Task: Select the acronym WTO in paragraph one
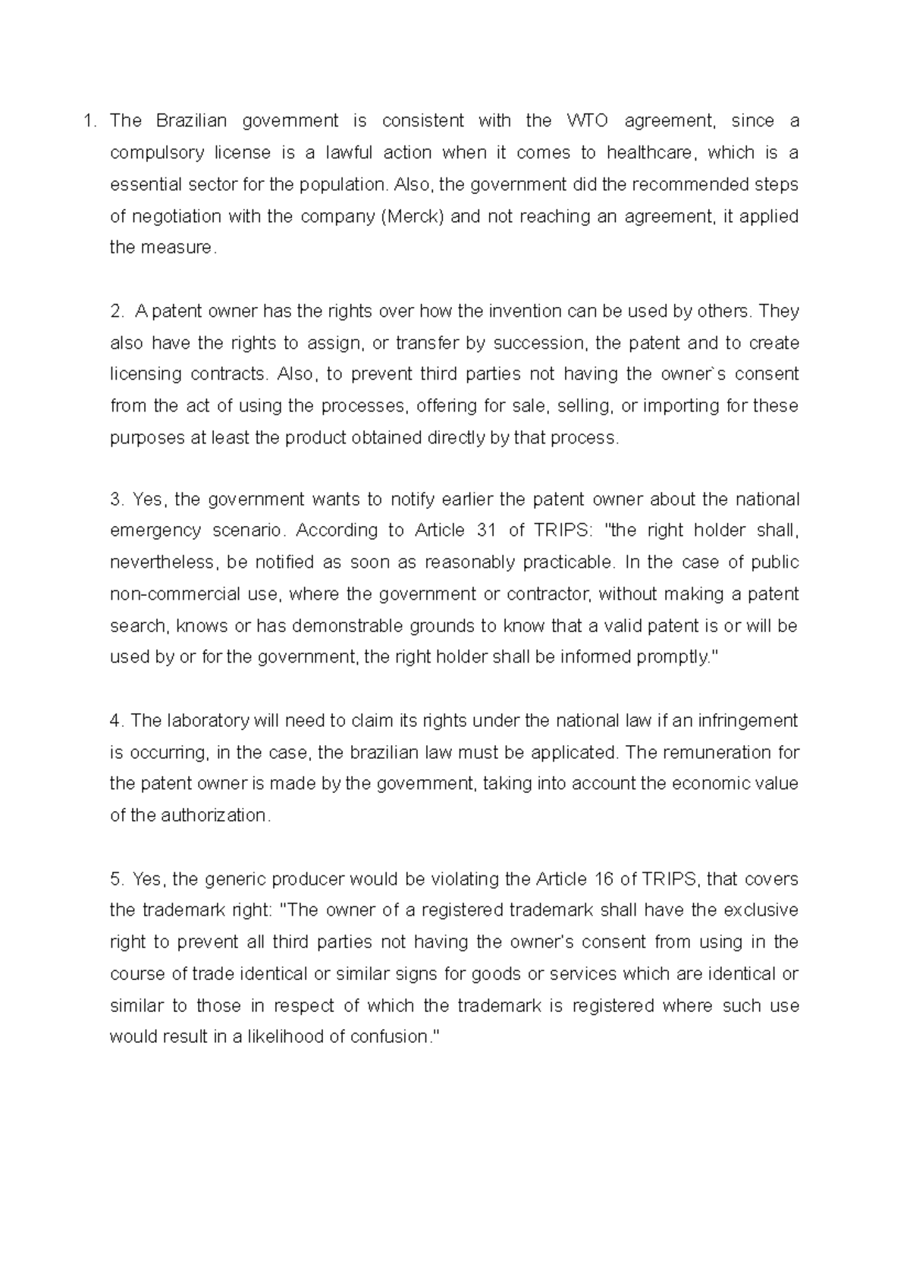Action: pyautogui.click(x=587, y=121)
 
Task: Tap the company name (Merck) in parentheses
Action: pyautogui.click(x=414, y=216)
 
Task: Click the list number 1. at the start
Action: pyautogui.click(x=90, y=121)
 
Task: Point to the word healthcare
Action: pyautogui.click(x=650, y=152)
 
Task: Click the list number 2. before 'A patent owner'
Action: pyautogui.click(x=116, y=311)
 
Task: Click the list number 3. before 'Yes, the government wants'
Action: pyautogui.click(x=116, y=499)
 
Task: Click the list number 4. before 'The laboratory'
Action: pyautogui.click(x=116, y=721)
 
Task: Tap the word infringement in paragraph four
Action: pyautogui.click(x=746, y=721)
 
